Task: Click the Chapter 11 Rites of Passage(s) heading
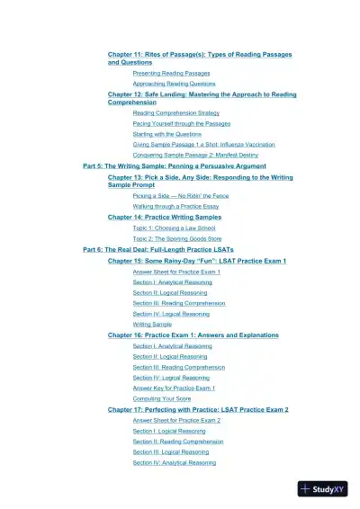point(199,55)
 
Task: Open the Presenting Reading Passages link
point(171,73)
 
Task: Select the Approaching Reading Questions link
point(174,83)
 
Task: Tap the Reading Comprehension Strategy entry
point(176,113)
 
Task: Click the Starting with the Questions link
point(166,133)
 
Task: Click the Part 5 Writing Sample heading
point(174,166)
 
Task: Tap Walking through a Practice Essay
point(175,206)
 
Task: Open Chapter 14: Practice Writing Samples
point(165,217)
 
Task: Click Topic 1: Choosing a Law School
point(174,228)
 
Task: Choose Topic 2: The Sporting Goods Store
point(177,238)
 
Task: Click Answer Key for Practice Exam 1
point(174,388)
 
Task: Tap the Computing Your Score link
point(161,398)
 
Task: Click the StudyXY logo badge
point(322,489)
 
